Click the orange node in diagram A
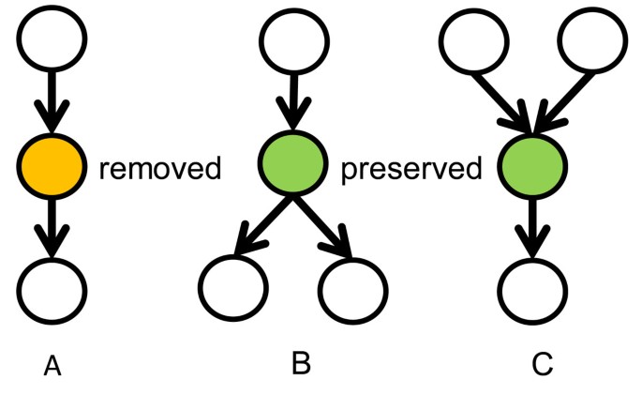click(x=52, y=169)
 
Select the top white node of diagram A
click(x=52, y=39)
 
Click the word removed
click(x=160, y=170)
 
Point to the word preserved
click(x=411, y=170)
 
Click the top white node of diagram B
click(x=292, y=40)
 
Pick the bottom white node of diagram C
click(x=531, y=288)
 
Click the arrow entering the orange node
click(x=52, y=103)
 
